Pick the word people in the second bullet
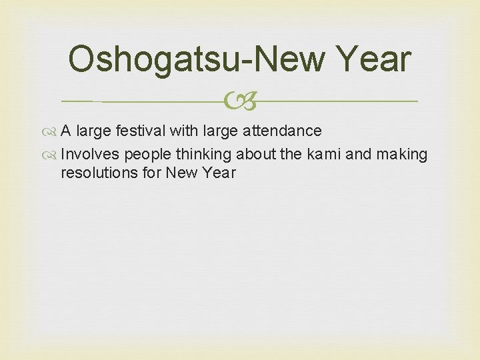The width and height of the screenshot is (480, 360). pyautogui.click(x=149, y=155)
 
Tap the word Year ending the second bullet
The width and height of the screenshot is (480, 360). pyautogui.click(x=219, y=173)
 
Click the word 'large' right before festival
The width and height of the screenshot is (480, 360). pyautogui.click(x=94, y=131)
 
